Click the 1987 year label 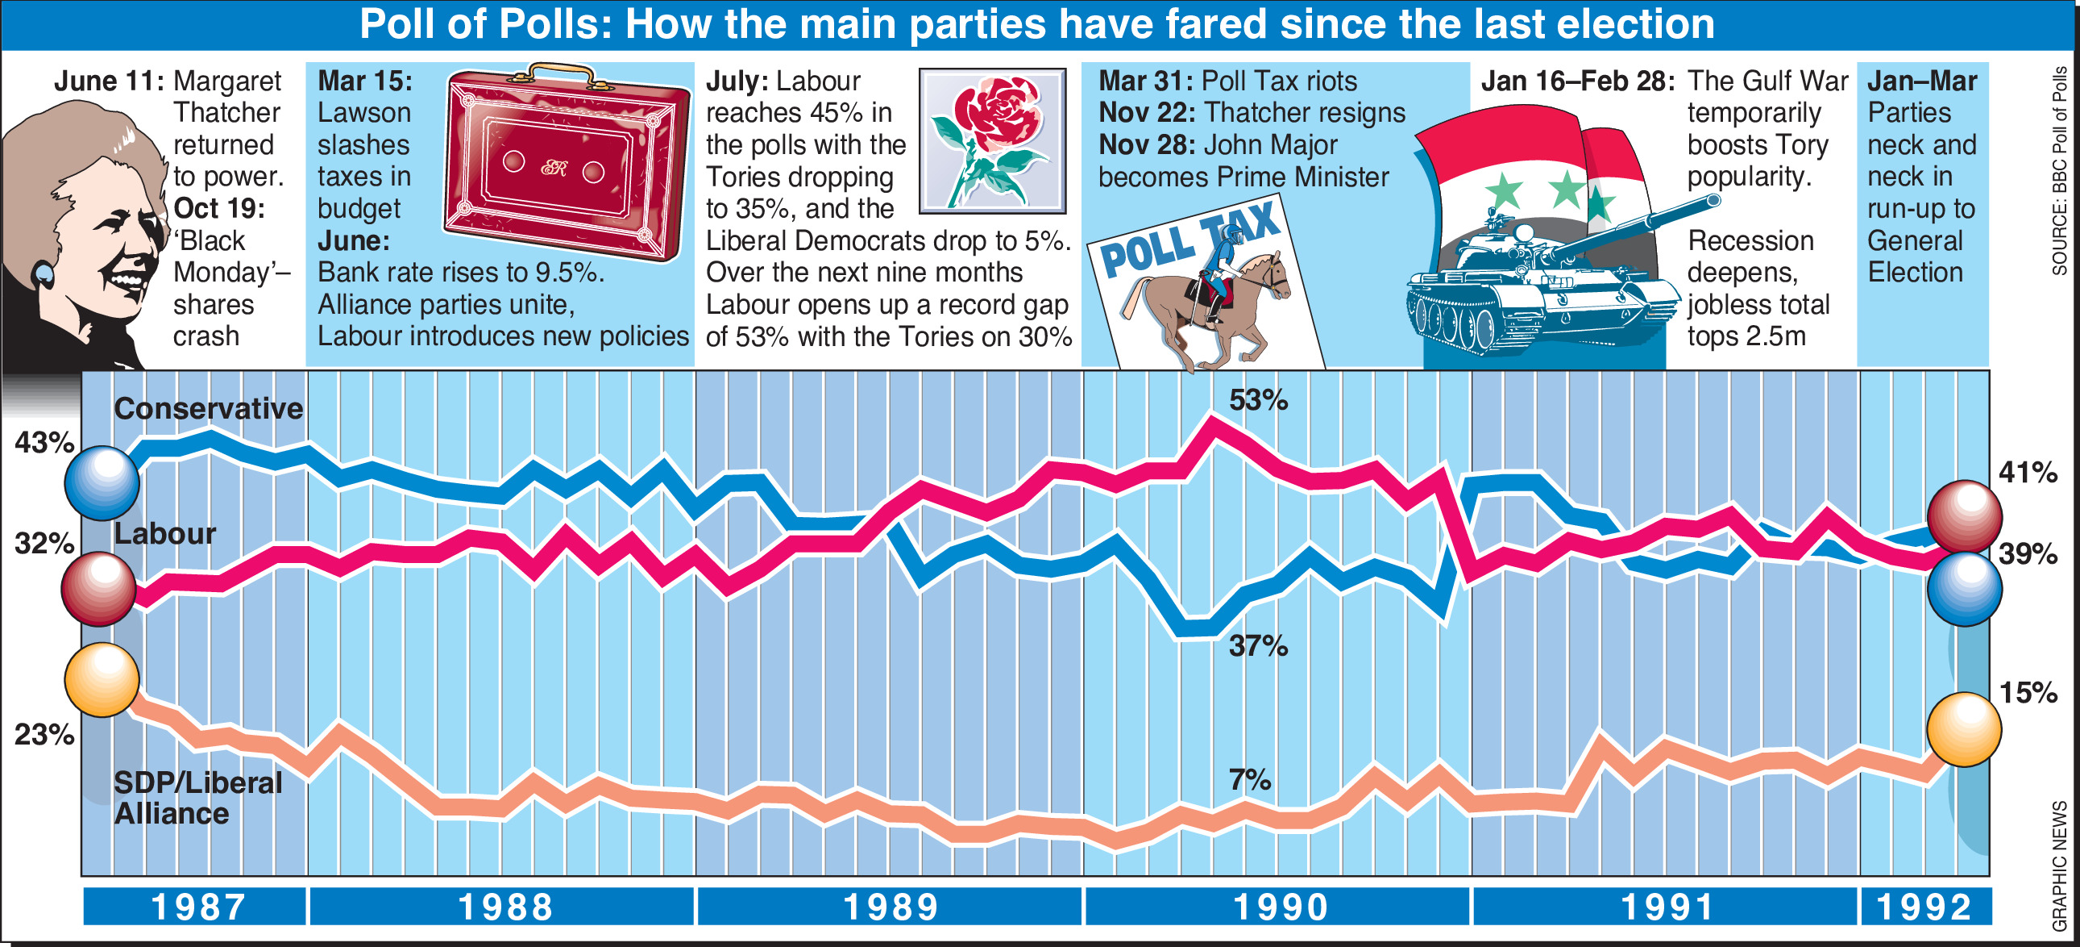(x=197, y=907)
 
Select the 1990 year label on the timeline (x=1281, y=907)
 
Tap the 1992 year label (x=1924, y=907)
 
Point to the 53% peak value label (x=1257, y=400)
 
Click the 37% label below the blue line (x=1257, y=645)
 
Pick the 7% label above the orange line (x=1249, y=780)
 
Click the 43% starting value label (x=44, y=443)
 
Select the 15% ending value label (x=2028, y=692)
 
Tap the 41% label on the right (x=2028, y=472)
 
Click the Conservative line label (x=209, y=409)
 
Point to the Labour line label (x=164, y=533)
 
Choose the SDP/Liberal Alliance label (x=197, y=798)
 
